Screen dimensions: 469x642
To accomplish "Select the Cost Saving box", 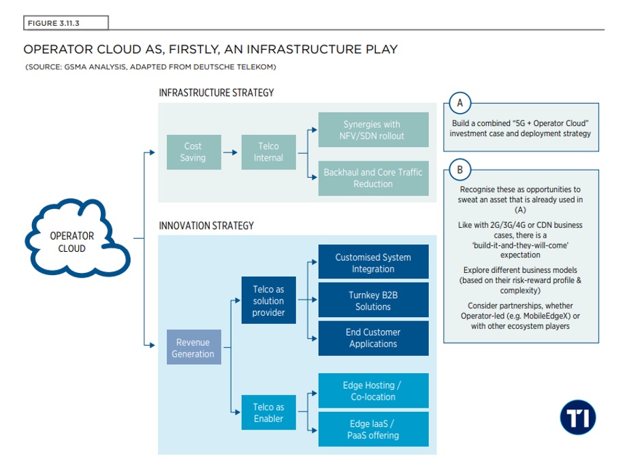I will (193, 152).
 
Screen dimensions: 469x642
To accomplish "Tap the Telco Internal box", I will (268, 152).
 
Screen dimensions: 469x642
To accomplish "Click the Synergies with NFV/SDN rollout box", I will (373, 130).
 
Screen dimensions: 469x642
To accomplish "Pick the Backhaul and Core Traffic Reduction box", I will (373, 178).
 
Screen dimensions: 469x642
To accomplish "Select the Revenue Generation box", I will (194, 348).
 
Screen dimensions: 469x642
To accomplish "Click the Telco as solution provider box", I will (268, 301).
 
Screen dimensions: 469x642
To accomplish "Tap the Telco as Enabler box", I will (268, 413).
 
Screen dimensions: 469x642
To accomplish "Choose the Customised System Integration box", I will (373, 263).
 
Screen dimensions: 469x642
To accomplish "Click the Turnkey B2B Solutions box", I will (373, 300).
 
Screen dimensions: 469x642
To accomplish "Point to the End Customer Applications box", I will (373, 338).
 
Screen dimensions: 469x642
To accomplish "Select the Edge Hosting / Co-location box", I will (373, 391).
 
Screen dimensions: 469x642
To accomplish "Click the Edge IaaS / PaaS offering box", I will (373, 429).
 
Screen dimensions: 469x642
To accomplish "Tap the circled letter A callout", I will (460, 103).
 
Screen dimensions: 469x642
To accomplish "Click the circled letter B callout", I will (460, 169).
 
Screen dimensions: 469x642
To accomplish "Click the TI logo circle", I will (578, 417).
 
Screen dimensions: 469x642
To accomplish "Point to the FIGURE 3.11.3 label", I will (66, 23).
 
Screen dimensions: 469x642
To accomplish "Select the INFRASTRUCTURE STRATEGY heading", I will (216, 93).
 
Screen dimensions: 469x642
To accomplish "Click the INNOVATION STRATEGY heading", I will (206, 225).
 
